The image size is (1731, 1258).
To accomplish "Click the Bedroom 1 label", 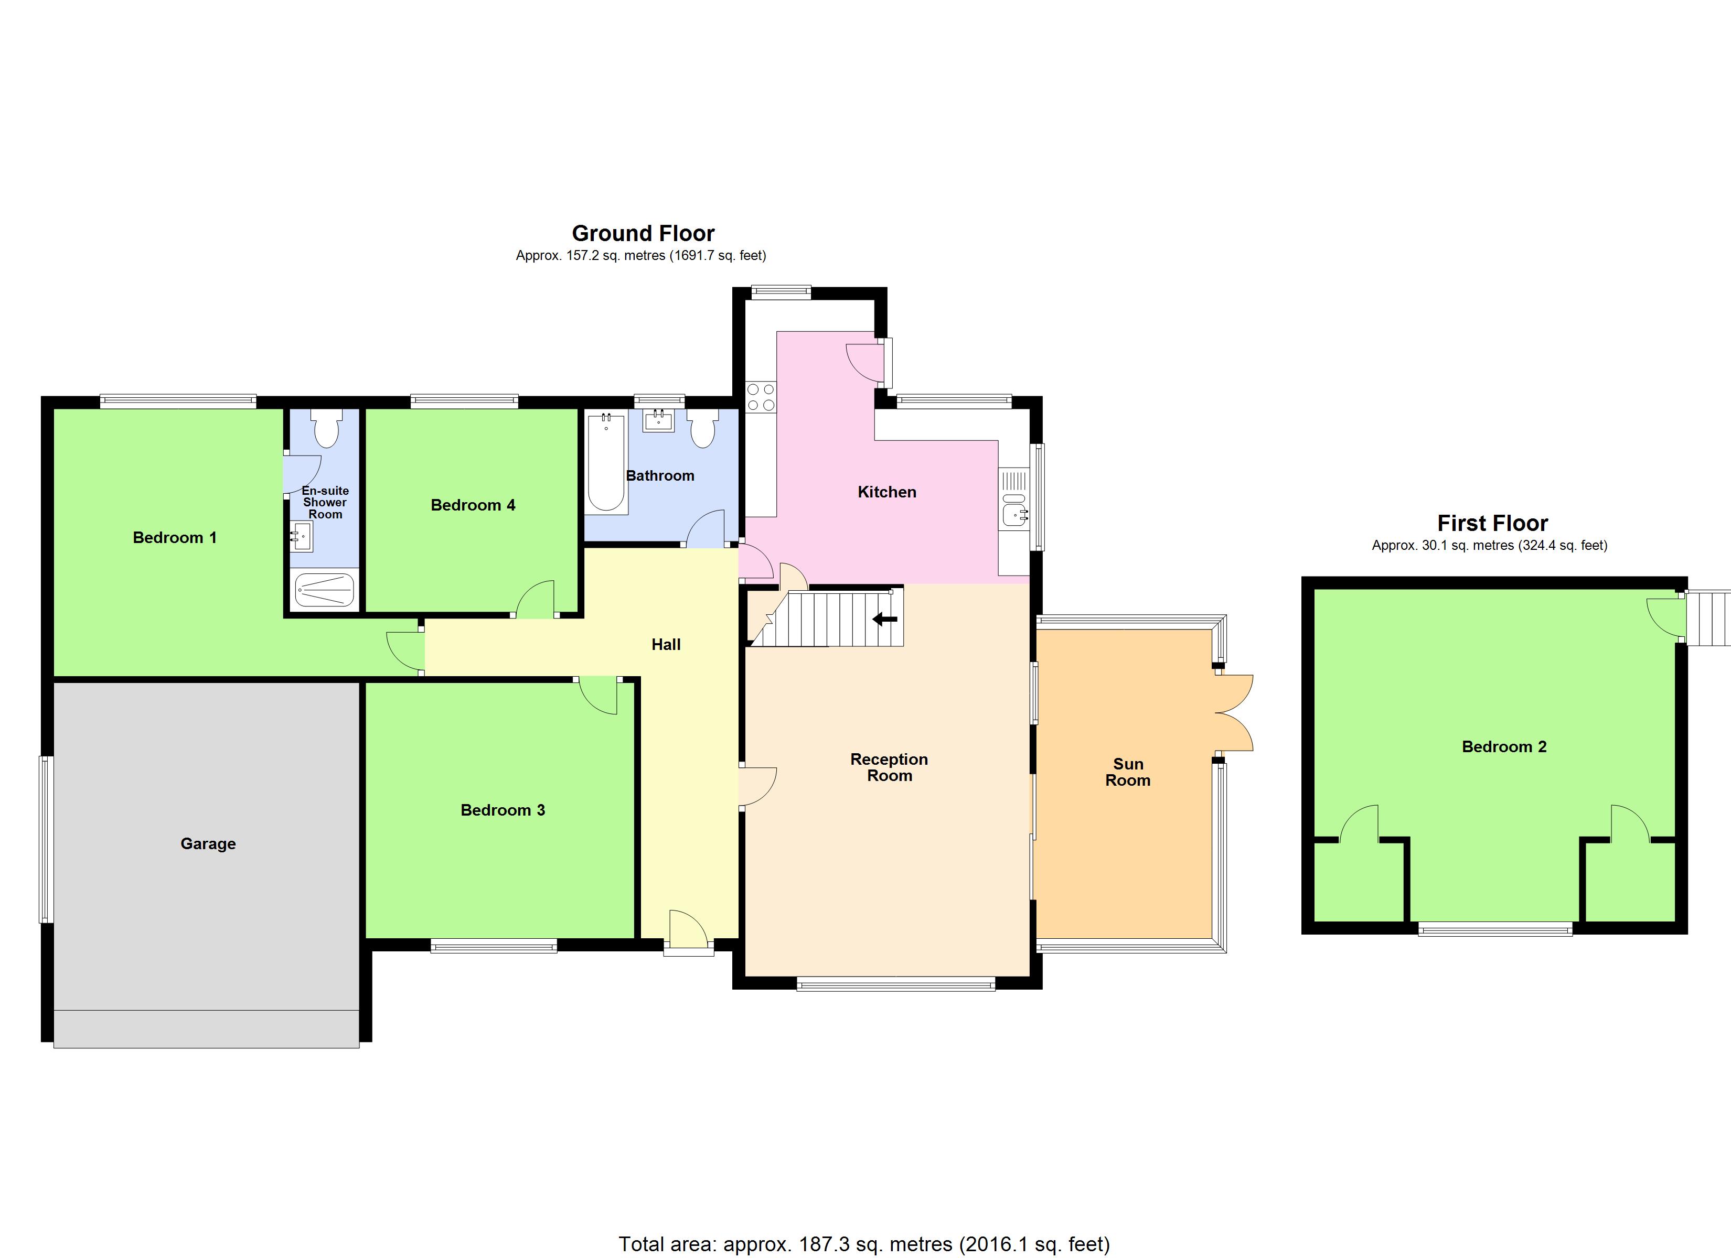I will (x=175, y=538).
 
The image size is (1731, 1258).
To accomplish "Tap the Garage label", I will (x=208, y=844).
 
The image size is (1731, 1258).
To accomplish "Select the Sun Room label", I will (x=1127, y=772).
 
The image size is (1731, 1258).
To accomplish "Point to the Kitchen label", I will (x=887, y=492).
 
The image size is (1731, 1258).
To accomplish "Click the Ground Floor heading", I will (x=643, y=233).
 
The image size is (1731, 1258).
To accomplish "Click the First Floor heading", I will (x=1492, y=523).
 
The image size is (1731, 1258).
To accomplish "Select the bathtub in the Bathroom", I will (x=606, y=462).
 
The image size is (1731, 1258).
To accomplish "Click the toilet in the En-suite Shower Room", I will (x=327, y=429).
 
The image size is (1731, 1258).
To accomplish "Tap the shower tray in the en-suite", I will (x=324, y=590).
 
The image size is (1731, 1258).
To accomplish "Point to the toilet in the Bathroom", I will (x=702, y=429).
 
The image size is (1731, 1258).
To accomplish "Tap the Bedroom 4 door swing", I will (x=537, y=600).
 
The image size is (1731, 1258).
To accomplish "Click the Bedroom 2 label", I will (x=1503, y=747).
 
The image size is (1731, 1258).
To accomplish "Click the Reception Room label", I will (x=889, y=767).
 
